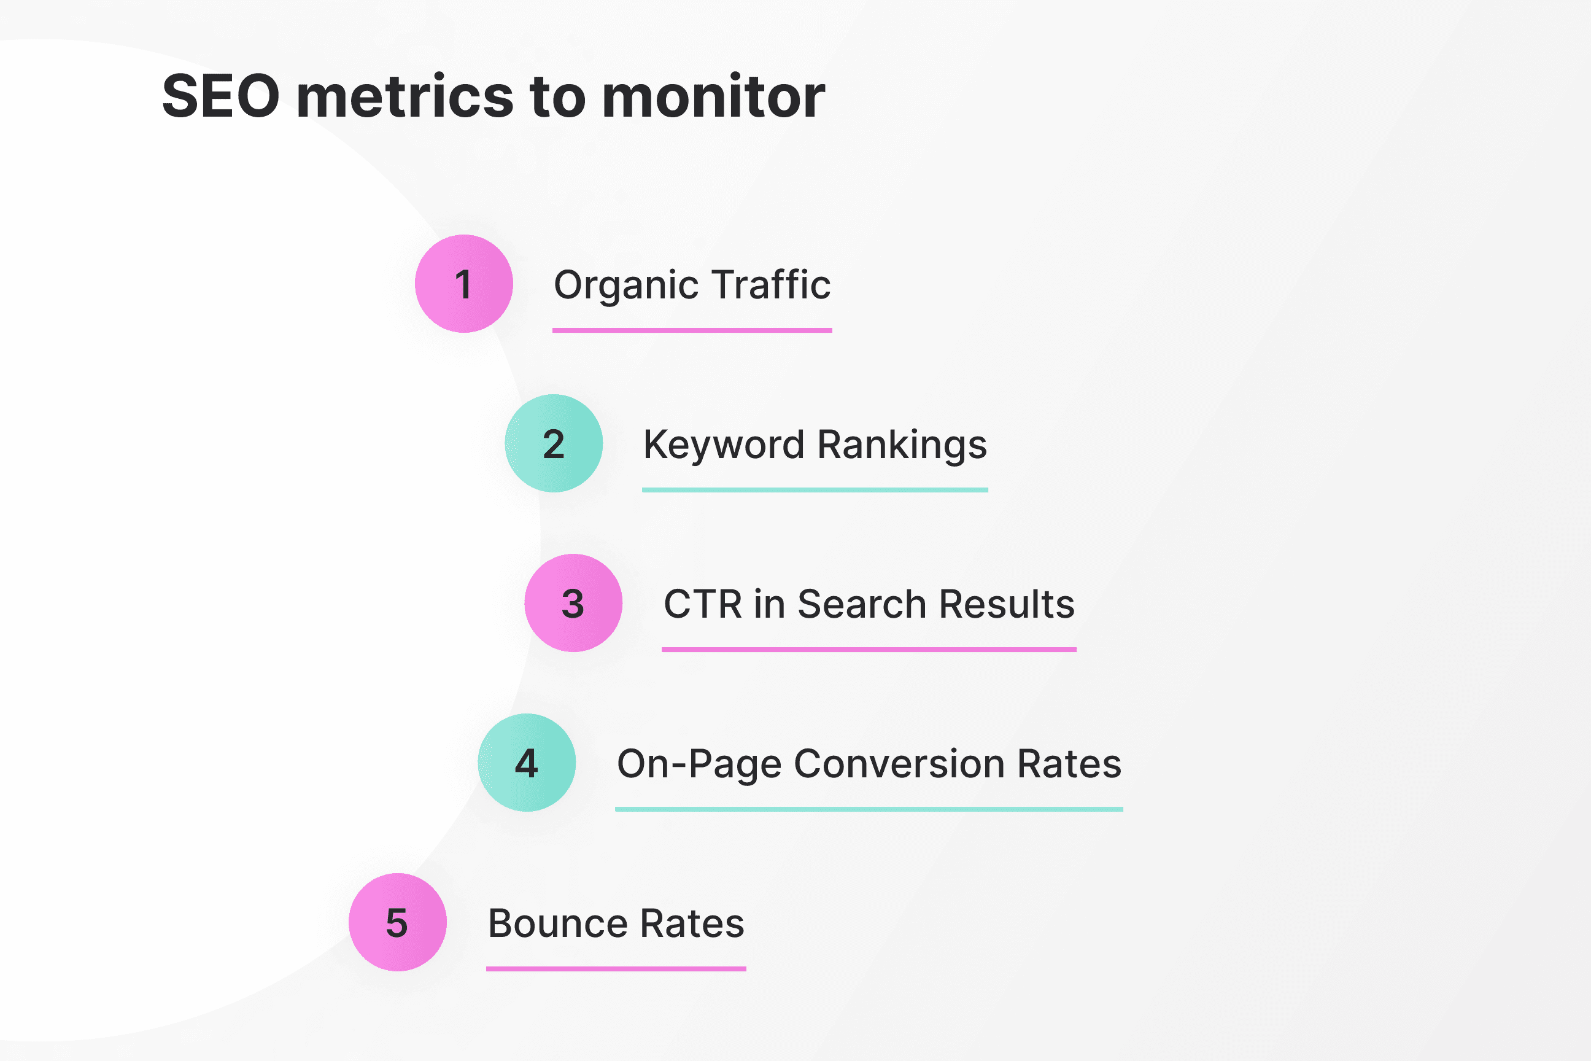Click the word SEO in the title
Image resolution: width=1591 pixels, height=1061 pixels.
click(x=220, y=96)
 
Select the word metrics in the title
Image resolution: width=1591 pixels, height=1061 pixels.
click(x=405, y=96)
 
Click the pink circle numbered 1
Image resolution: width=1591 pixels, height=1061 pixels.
click(x=463, y=284)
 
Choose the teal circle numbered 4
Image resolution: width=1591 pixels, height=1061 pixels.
click(x=526, y=763)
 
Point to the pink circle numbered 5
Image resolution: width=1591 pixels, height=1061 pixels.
click(x=397, y=922)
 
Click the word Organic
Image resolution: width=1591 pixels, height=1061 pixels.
click(x=625, y=285)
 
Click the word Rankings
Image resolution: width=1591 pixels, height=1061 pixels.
click(x=902, y=445)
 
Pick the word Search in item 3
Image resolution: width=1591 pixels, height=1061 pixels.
click(x=861, y=604)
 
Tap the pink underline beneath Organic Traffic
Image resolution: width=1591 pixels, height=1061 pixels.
click(x=692, y=330)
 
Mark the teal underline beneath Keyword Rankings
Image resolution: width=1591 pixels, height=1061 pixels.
click(x=815, y=490)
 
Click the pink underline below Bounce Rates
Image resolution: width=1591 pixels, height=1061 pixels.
click(x=616, y=969)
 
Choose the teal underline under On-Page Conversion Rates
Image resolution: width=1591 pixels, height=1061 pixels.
click(x=869, y=809)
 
